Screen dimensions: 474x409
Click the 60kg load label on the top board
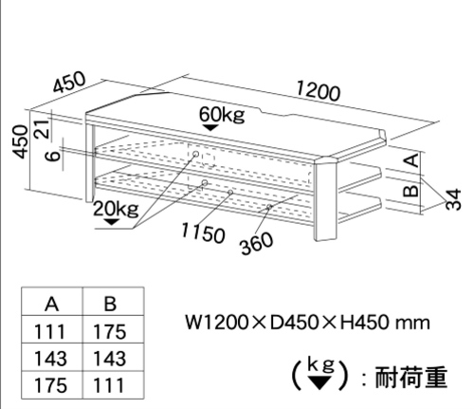coord(222,115)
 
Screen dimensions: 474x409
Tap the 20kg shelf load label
coord(116,209)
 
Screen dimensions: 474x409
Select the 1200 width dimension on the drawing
coord(319,91)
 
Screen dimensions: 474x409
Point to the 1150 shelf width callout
coord(203,232)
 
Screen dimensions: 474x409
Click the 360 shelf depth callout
coord(256,243)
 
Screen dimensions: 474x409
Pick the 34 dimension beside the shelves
coord(454,199)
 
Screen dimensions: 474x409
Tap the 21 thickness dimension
coord(43,129)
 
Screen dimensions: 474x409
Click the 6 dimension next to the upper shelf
coord(53,155)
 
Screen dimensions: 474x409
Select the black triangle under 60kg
coord(211,127)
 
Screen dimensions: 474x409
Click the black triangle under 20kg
coord(111,222)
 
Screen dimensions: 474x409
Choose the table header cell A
coord(52,305)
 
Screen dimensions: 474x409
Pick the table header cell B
coord(110,305)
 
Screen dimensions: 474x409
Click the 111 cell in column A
coord(49,332)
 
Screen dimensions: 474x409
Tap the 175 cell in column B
coord(110,332)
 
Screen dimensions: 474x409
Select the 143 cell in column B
coord(110,359)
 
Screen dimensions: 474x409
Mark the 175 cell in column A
coord(50,385)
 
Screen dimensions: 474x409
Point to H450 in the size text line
coord(364,323)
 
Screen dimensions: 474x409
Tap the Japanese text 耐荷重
coord(410,377)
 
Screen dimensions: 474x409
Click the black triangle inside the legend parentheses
coord(320,383)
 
